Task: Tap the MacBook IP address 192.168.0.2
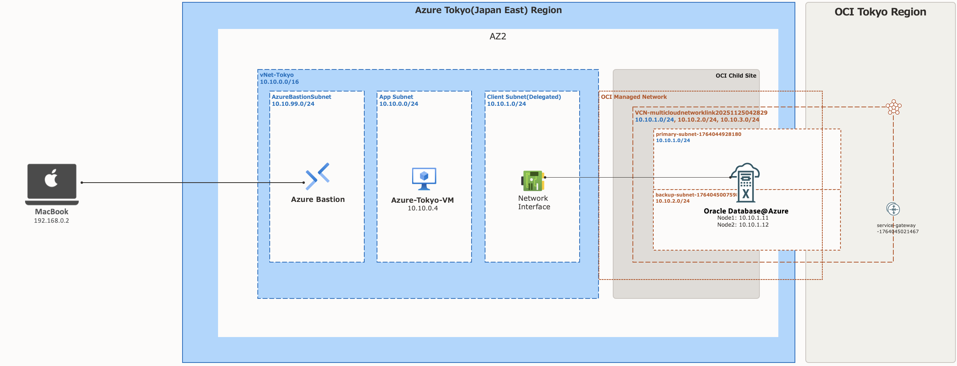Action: pos(51,221)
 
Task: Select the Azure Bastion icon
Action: pos(318,176)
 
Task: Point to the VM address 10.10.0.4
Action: pos(423,208)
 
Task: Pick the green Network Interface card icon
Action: pos(533,181)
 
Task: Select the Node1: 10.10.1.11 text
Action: pos(743,218)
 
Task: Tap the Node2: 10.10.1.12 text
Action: pos(743,225)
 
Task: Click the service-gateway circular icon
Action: pos(893,209)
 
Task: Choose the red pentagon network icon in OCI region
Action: pos(893,107)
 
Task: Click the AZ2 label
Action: pos(498,37)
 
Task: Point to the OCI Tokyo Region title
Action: pos(880,12)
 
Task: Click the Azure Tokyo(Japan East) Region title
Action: pos(488,10)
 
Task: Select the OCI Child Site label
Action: pos(736,76)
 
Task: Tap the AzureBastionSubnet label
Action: pos(301,97)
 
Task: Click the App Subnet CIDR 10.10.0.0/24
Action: pos(399,104)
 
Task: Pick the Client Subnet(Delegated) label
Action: pos(524,97)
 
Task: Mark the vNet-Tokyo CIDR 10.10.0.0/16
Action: pos(279,82)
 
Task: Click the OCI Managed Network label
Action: pos(634,97)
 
